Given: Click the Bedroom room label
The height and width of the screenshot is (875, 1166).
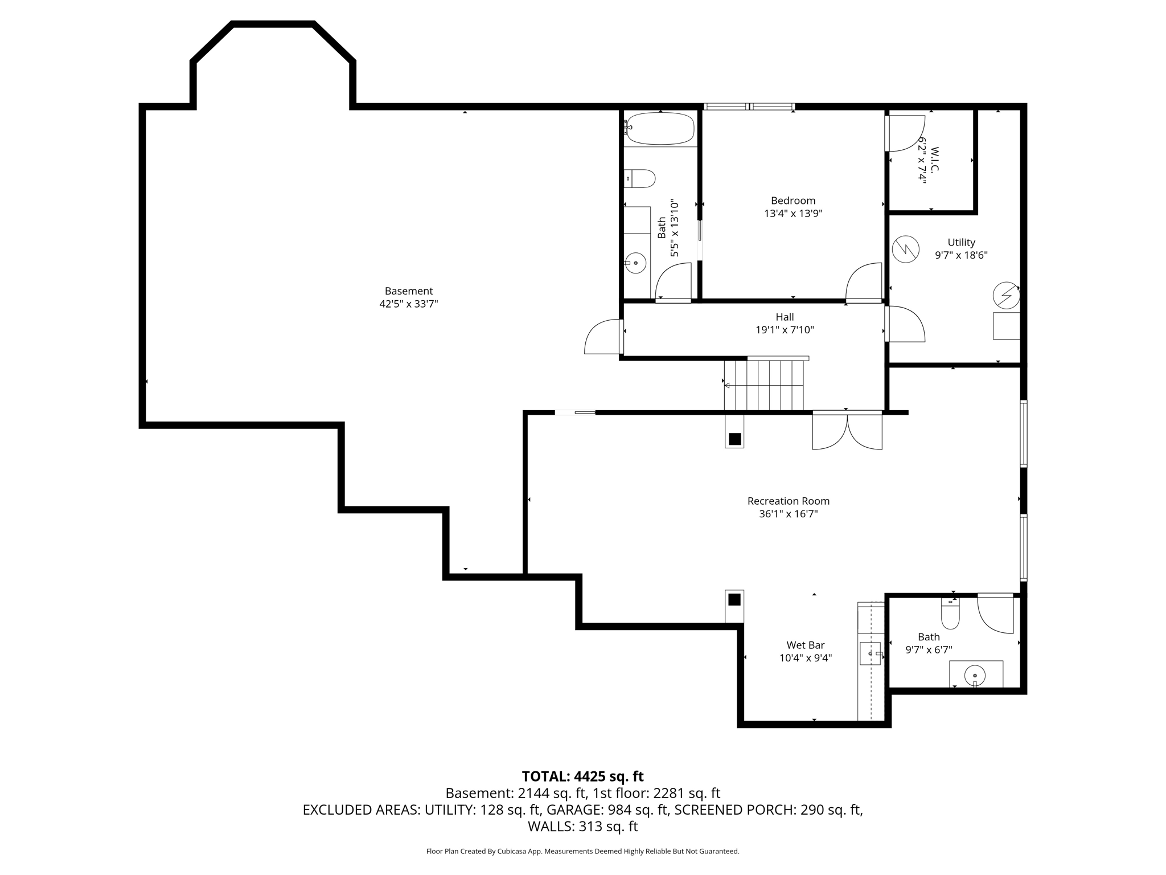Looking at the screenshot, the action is click(793, 201).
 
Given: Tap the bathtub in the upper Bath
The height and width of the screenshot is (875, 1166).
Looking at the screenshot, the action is click(660, 129).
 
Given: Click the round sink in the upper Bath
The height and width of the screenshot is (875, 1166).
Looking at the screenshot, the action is click(635, 263).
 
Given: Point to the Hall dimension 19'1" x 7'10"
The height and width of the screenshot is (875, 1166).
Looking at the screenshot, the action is click(785, 330).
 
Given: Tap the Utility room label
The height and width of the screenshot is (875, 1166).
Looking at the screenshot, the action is click(961, 242).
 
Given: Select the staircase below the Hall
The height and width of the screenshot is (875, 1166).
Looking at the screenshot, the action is click(763, 385).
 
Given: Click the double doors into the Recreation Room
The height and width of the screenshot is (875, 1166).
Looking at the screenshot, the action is click(847, 430).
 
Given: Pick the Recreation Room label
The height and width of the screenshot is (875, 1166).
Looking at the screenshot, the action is click(789, 501).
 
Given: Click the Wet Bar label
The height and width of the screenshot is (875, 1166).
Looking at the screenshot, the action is click(806, 645).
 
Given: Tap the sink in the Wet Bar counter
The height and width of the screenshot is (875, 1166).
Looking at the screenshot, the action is click(870, 653).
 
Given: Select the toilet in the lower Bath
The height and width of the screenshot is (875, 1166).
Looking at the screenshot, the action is click(950, 613).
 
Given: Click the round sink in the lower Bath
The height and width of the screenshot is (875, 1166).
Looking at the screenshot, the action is click(975, 676).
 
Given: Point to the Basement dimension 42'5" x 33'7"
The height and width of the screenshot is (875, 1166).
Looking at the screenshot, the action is click(409, 304).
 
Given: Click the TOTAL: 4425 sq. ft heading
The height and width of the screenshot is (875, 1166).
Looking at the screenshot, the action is click(583, 776).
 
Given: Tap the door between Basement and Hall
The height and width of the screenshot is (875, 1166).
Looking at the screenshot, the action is click(603, 337).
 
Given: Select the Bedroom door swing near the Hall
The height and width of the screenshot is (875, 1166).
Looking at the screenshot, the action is click(864, 281).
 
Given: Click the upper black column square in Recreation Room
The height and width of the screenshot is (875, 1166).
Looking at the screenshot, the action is click(734, 439).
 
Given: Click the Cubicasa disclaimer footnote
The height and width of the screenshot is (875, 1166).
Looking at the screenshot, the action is click(583, 851).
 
